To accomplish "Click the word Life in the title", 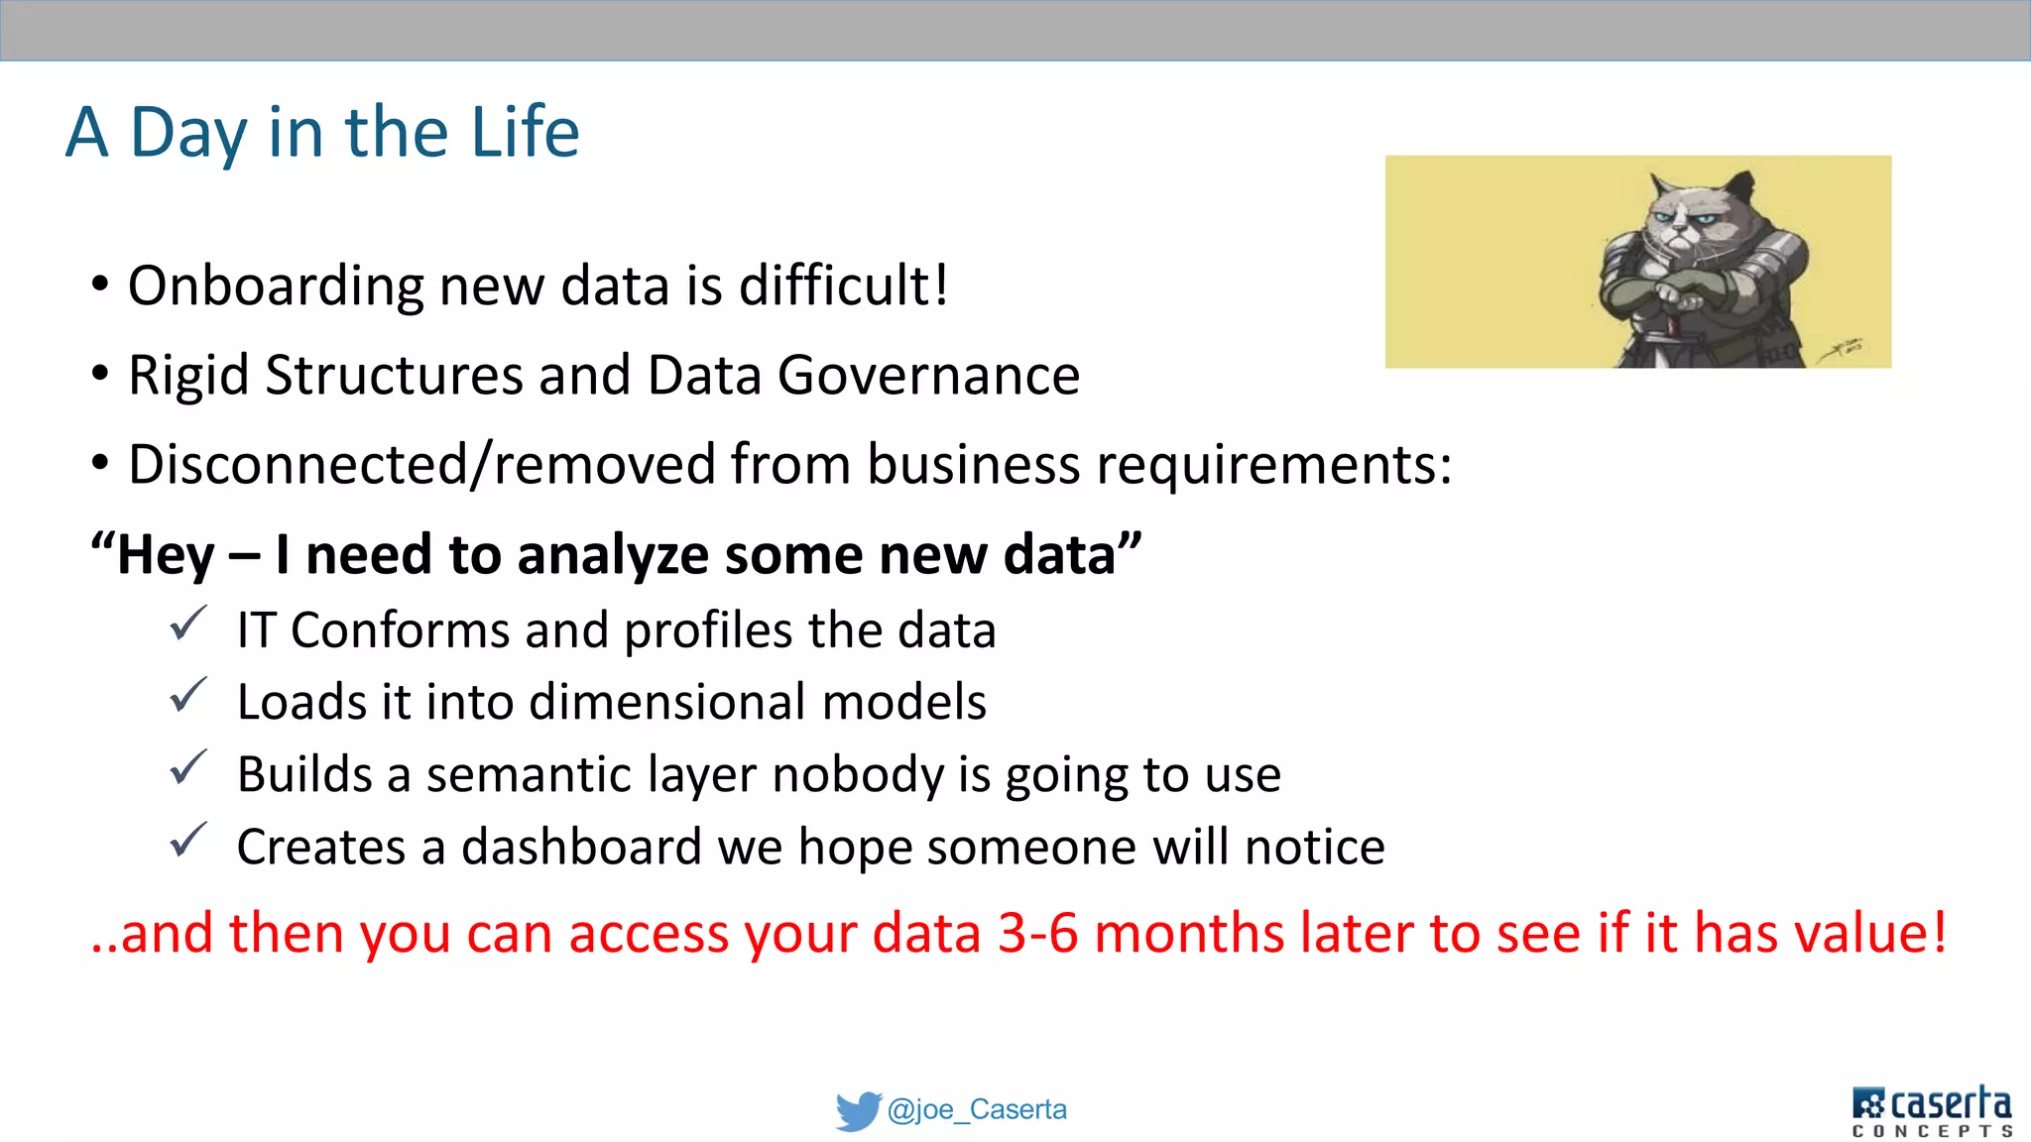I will (x=525, y=132).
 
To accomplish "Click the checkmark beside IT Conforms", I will (x=187, y=625).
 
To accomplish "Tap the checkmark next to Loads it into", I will (x=187, y=696).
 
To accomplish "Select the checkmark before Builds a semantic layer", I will (x=187, y=768).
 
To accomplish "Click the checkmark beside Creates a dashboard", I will (x=187, y=841).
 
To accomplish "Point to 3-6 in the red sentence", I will (x=1037, y=934).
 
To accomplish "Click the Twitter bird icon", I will (x=857, y=1110).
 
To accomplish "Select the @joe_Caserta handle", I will (x=977, y=1109).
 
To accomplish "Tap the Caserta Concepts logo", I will (x=1931, y=1111).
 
